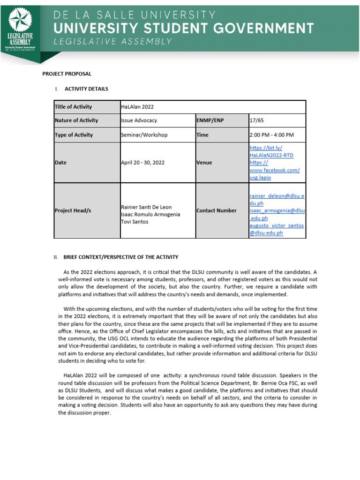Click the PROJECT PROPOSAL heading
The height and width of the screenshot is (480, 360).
67,74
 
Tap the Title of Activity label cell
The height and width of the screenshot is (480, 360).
74,107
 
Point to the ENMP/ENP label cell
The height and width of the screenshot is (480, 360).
210,120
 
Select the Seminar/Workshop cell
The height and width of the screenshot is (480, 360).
144,135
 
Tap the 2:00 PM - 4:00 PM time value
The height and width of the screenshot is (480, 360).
272,135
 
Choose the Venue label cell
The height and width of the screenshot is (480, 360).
204,163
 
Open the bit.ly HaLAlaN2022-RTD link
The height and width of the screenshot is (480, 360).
271,151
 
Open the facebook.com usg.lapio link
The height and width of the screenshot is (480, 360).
274,170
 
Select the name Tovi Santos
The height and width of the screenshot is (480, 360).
134,222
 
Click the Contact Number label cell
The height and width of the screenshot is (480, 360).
217,210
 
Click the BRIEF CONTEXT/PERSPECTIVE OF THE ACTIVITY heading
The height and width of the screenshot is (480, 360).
120,257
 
